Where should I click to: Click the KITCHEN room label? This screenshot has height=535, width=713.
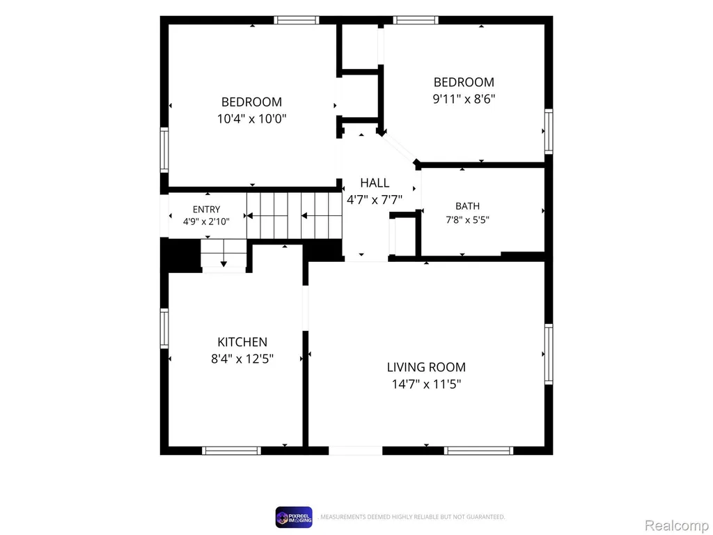click(242, 341)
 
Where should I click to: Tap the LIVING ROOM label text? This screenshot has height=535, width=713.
click(426, 367)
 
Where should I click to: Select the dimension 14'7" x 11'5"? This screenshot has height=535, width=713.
click(426, 384)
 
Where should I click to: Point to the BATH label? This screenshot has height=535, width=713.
click(467, 206)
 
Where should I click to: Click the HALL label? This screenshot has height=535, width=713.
click(375, 183)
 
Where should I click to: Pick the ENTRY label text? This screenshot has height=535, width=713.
click(206, 209)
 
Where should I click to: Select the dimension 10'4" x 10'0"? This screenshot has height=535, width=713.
click(251, 118)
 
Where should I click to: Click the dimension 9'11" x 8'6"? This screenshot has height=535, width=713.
click(464, 99)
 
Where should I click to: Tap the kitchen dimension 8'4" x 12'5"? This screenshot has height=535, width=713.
click(242, 359)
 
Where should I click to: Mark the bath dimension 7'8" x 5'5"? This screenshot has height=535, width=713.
click(467, 219)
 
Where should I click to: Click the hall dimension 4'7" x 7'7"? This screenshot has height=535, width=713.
click(375, 200)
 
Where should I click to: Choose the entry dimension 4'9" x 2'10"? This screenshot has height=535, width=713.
click(206, 222)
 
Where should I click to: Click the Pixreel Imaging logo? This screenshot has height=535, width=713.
click(294, 518)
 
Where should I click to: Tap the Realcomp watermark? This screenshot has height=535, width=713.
click(677, 525)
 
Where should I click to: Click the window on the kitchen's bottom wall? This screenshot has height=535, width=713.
click(231, 451)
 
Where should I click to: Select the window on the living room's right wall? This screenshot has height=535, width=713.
click(549, 354)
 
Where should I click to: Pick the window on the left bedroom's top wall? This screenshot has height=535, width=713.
click(297, 20)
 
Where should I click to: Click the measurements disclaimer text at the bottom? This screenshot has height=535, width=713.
click(412, 517)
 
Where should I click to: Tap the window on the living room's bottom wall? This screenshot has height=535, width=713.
click(478, 451)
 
